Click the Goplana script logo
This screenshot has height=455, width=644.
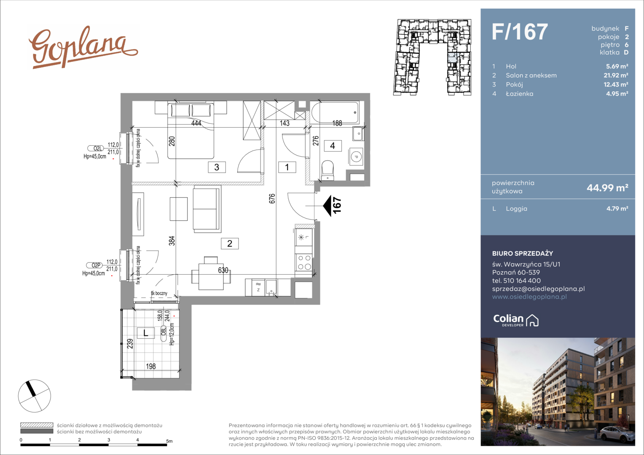(x=83, y=48)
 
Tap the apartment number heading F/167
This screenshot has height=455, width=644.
(x=520, y=32)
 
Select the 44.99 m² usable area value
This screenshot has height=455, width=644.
(x=607, y=188)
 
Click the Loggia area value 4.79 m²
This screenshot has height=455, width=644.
(x=617, y=209)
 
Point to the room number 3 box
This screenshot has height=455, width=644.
(x=217, y=167)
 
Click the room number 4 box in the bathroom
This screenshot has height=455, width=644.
(x=333, y=146)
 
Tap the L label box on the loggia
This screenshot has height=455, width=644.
(x=145, y=333)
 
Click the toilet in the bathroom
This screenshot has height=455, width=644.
(x=327, y=170)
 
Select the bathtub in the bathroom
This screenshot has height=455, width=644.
(x=335, y=112)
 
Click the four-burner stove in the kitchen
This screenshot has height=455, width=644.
(x=304, y=262)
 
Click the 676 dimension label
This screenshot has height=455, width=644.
(x=272, y=198)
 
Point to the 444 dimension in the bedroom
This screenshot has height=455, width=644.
(x=196, y=123)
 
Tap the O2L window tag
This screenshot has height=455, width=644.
(x=96, y=148)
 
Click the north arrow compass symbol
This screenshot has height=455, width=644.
(x=35, y=396)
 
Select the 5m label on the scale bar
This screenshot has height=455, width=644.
(x=169, y=441)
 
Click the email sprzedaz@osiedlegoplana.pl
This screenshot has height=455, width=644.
(x=538, y=289)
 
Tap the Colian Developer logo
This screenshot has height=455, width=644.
(x=516, y=320)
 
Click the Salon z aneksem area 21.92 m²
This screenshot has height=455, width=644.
(x=616, y=75)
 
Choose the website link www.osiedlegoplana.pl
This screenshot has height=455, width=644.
(x=529, y=297)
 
